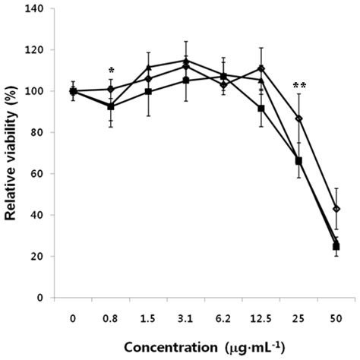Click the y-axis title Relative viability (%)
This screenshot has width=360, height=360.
coord(13,153)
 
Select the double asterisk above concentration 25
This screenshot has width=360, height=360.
coord(298,86)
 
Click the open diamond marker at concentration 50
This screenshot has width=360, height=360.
coord(336,209)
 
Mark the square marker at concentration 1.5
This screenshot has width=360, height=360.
coord(149,92)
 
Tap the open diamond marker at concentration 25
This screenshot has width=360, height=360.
coord(299,118)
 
